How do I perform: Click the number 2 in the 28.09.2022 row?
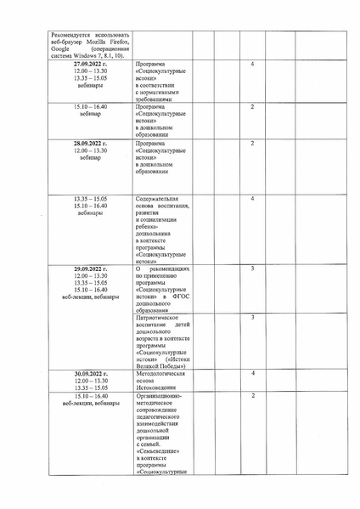coord(253,144)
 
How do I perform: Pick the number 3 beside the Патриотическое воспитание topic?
coord(253,317)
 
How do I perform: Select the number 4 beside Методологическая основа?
coord(253,374)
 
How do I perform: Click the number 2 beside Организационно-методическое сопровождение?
coord(253,396)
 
